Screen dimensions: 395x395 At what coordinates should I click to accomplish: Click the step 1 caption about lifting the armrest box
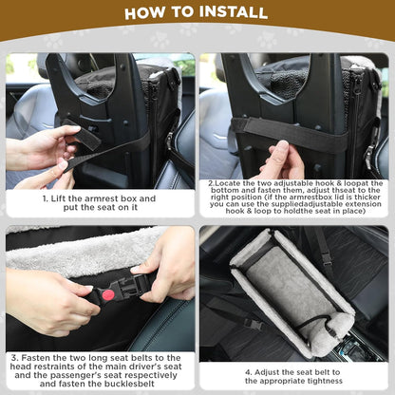pos(100,203)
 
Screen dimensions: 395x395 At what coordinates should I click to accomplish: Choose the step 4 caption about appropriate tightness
pos(295,376)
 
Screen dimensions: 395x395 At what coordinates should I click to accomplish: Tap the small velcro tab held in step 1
pos(87,139)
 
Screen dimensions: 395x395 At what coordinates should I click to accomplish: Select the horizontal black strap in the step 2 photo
pos(313,133)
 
